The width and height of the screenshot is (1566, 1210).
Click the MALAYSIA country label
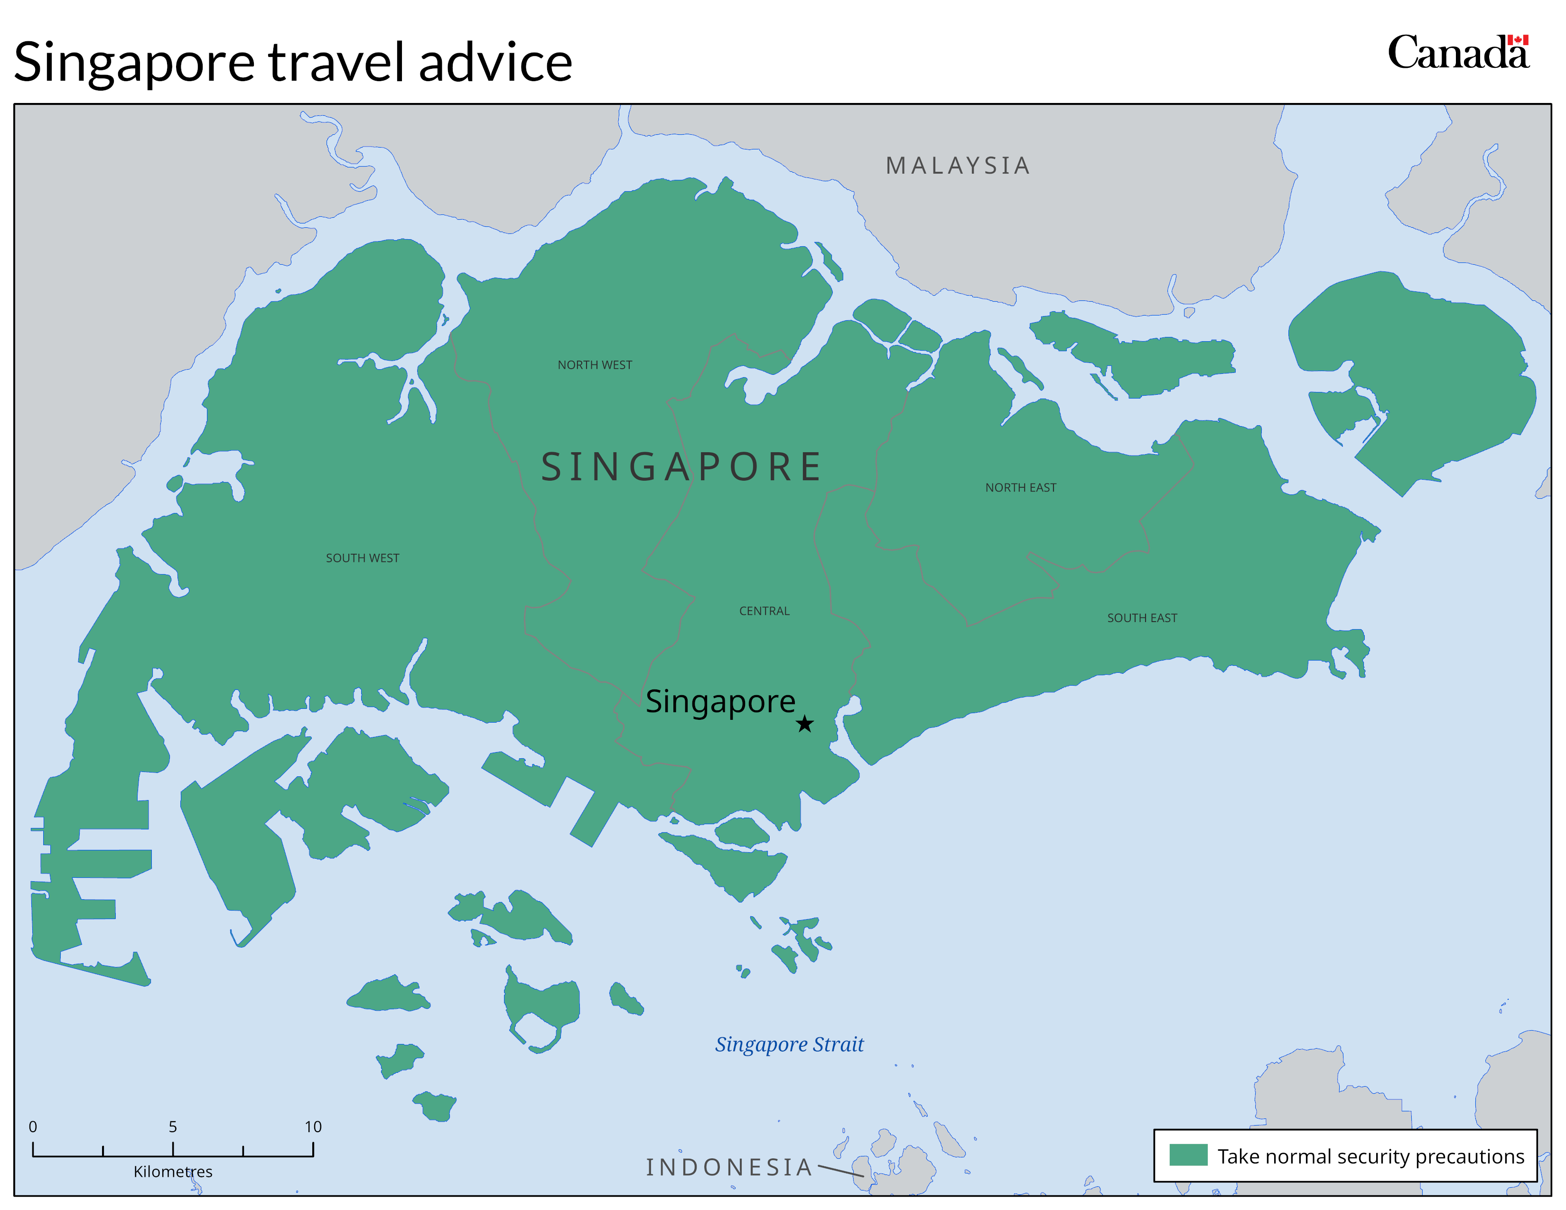click(x=958, y=166)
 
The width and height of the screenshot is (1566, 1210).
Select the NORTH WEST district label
click(x=595, y=365)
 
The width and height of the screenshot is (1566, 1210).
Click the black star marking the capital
click(x=804, y=724)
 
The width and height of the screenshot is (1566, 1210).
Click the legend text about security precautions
click(x=1370, y=1156)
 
